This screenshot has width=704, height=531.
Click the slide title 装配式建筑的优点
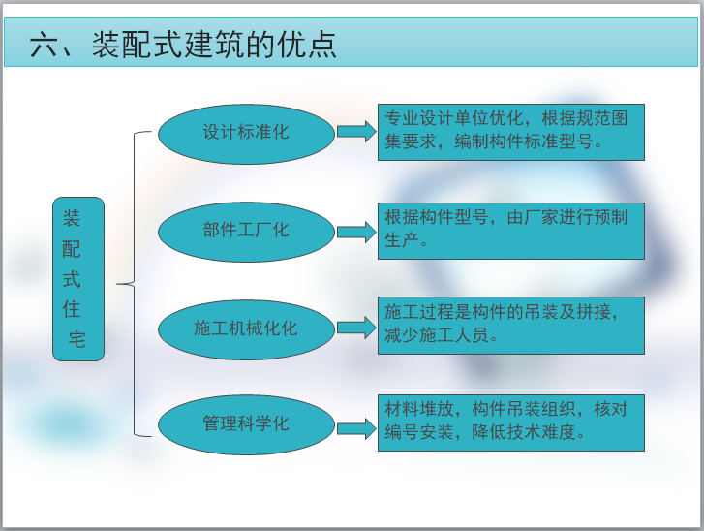click(x=214, y=46)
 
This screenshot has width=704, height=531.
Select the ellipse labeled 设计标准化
click(x=246, y=132)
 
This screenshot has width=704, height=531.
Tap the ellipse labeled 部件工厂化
click(x=246, y=231)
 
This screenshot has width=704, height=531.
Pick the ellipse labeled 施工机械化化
click(x=246, y=328)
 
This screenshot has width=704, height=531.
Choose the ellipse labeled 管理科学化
click(x=246, y=424)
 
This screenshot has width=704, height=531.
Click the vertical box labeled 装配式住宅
click(x=78, y=279)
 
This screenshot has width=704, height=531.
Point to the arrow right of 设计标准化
click(x=356, y=132)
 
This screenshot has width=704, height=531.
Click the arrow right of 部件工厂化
click(x=356, y=232)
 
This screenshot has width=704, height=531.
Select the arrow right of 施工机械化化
click(x=356, y=328)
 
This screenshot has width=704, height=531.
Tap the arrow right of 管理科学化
click(x=356, y=426)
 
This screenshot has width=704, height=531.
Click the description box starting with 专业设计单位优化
click(x=510, y=132)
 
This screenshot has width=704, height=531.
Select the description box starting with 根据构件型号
click(x=510, y=230)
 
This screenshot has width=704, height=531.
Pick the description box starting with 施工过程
click(x=510, y=325)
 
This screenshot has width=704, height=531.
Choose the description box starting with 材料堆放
click(x=510, y=422)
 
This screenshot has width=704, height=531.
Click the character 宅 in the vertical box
click(x=77, y=340)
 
